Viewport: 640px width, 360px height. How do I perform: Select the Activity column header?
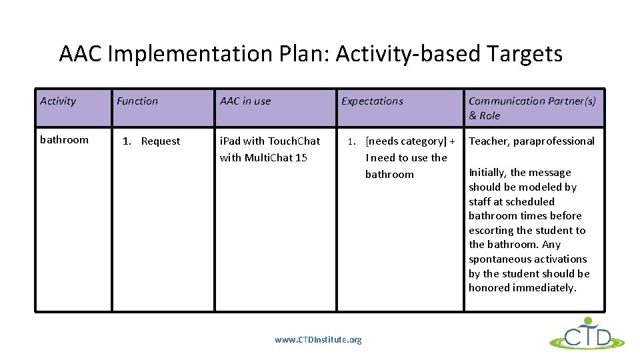click(x=58, y=101)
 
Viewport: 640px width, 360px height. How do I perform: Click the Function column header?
click(x=137, y=101)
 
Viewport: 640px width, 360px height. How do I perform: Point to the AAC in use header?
click(x=245, y=101)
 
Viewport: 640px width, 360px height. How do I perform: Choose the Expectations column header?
click(x=372, y=101)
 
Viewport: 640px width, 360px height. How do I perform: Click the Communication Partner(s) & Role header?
click(x=532, y=108)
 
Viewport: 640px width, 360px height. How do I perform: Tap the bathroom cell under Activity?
click(x=64, y=140)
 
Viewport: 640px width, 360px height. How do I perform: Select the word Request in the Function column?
click(x=161, y=141)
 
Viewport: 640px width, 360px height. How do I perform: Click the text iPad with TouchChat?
click(x=270, y=141)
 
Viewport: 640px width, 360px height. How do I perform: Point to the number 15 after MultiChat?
click(x=301, y=158)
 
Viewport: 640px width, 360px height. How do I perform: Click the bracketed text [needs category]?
click(x=406, y=141)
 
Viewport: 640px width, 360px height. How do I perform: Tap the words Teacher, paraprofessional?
click(x=531, y=141)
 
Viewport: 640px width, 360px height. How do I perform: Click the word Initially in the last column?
click(x=486, y=173)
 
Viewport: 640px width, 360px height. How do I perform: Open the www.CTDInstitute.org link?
click(x=318, y=340)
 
